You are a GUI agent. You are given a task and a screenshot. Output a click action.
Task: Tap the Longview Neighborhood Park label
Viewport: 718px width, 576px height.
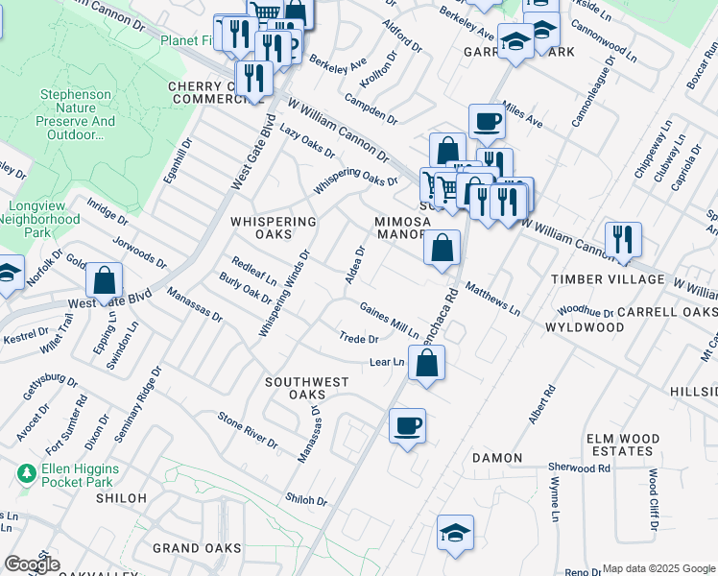44,219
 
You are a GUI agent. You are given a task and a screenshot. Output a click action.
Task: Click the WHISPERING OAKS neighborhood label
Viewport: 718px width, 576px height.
274,228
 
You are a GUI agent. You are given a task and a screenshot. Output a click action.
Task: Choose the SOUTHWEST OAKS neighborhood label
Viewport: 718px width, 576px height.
307,389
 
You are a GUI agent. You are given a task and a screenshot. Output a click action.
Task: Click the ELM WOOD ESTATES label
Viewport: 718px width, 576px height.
624,444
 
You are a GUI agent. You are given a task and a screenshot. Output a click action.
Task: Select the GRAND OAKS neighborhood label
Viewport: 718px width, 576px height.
197,548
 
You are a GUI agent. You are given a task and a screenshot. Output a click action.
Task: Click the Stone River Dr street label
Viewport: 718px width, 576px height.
247,429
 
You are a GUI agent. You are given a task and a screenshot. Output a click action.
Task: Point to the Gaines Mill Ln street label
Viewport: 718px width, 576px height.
389,320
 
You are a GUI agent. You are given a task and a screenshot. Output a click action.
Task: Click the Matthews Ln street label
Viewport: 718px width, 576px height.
492,299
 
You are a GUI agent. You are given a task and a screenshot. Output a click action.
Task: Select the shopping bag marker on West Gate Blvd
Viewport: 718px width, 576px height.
105,280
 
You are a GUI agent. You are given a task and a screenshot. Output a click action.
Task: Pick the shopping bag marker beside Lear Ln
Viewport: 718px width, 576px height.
427,363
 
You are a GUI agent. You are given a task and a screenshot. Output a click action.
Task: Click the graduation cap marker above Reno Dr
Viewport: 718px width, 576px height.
455,532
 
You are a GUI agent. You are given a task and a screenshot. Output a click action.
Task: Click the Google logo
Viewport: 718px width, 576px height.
32,564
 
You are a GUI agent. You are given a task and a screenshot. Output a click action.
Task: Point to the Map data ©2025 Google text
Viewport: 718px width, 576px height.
658,568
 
